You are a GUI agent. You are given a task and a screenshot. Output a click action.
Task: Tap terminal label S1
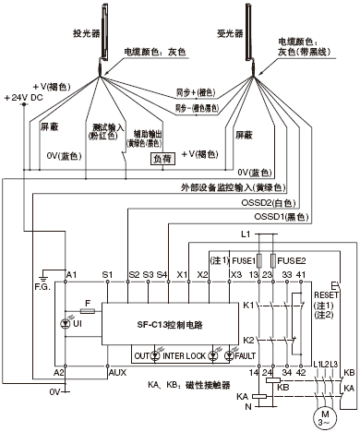point(107,274)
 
